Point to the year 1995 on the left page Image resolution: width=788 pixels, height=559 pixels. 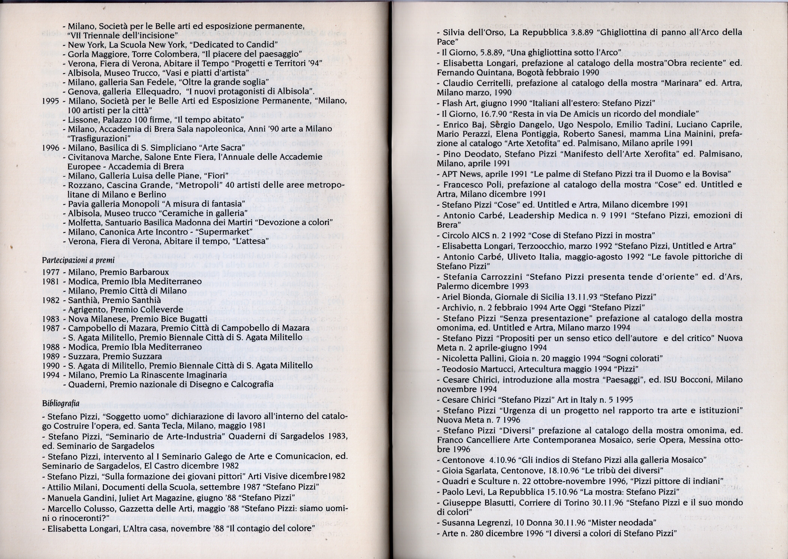tap(51, 101)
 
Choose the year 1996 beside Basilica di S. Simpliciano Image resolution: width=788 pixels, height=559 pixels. tap(51, 148)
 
